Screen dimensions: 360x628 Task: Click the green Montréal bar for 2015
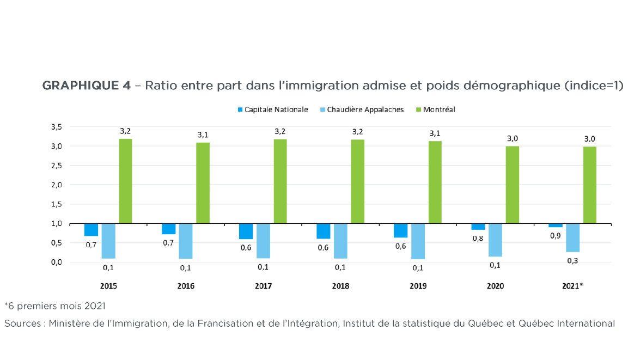125,181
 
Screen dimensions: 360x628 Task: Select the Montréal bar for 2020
512,185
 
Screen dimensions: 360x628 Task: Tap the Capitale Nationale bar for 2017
246,231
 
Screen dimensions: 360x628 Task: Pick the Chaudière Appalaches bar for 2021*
572,238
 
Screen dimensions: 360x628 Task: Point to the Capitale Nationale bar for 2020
478,227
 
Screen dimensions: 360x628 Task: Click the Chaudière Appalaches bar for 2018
340,241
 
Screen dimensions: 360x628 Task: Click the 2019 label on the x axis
418,286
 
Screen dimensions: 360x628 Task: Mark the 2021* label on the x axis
572,286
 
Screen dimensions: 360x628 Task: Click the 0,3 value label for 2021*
573,261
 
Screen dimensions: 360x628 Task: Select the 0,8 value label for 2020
479,238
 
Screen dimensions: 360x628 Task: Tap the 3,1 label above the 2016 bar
203,134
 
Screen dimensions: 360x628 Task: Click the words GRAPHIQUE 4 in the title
86,86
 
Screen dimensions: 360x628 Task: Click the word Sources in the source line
22,324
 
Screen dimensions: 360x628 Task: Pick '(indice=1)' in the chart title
594,86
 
